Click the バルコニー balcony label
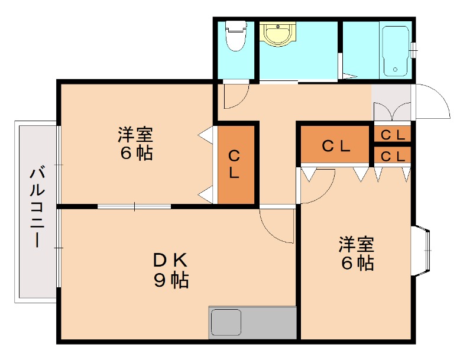37,207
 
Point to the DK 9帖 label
171,270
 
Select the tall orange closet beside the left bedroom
235,164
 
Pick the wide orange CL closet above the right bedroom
335,146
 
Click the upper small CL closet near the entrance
392,134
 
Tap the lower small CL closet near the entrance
392,156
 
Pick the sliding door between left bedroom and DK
135,206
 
